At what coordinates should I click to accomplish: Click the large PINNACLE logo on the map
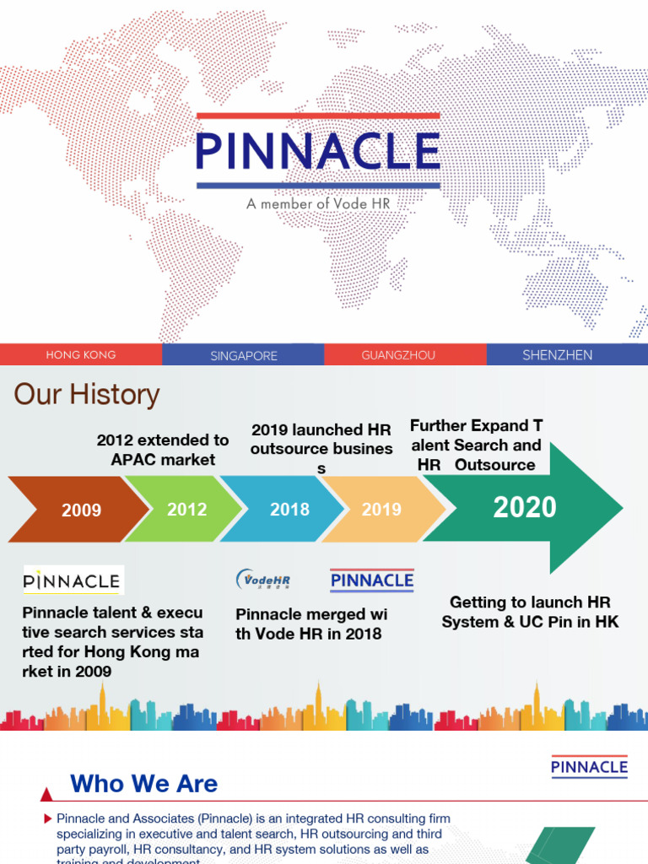(318, 152)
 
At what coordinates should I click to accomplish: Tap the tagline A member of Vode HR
(318, 204)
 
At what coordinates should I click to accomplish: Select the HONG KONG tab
(81, 355)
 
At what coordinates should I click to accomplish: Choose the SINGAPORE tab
(243, 355)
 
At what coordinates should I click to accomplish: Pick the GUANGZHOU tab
(398, 355)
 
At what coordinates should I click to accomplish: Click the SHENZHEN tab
(557, 355)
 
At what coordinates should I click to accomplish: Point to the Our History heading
(86, 394)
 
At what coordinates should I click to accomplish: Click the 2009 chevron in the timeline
(81, 510)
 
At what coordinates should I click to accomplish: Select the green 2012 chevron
(186, 509)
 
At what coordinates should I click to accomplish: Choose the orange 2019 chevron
(382, 509)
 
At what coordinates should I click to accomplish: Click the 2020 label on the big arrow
(525, 507)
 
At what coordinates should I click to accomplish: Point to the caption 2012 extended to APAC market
(163, 450)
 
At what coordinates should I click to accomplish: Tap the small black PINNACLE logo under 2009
(73, 580)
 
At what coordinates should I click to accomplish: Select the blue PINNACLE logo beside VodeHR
(371, 580)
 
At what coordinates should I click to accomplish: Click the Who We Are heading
(144, 784)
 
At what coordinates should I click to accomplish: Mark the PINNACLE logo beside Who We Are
(589, 766)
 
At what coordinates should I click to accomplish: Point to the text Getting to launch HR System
(529, 612)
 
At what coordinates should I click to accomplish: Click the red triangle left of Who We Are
(47, 795)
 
